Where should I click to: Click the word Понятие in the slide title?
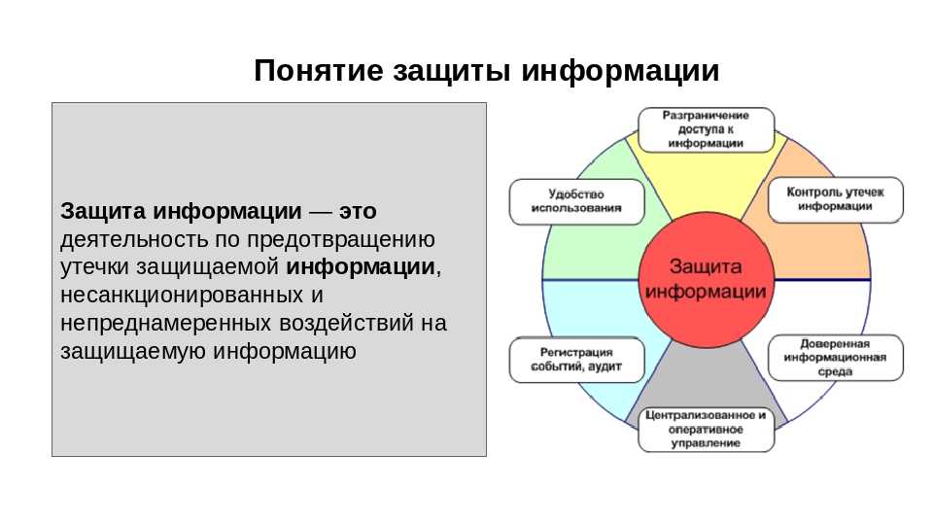(319, 71)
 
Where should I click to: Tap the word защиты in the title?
(452, 72)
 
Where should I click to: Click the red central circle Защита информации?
(706, 279)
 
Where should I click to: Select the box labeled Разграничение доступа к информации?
(706, 129)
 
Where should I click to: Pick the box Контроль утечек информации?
(836, 199)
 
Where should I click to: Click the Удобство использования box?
(576, 201)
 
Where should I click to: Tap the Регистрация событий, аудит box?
(576, 360)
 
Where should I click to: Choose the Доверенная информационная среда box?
(836, 357)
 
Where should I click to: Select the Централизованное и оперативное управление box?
(706, 429)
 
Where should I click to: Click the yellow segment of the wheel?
(707, 182)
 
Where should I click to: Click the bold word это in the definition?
(359, 211)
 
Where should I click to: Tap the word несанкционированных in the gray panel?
(182, 296)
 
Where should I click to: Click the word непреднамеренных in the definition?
(166, 323)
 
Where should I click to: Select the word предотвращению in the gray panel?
(341, 240)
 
